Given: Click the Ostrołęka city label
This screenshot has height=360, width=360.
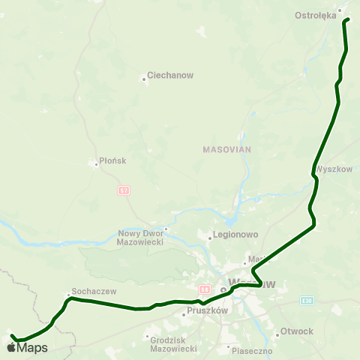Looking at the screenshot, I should [316, 15].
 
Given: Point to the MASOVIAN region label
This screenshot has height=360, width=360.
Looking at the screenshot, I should [226, 149].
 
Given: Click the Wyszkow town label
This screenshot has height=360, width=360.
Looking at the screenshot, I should [334, 169].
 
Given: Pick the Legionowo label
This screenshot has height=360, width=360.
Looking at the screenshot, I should [236, 235].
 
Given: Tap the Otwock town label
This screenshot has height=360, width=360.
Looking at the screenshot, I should [298, 331].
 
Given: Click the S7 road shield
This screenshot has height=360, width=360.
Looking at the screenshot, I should [123, 190].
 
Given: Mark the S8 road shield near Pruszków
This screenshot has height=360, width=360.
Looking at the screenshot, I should [204, 289].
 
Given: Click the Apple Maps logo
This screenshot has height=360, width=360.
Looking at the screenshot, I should [27, 347].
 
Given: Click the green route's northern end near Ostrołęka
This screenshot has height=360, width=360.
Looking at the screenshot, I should [346, 20].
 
